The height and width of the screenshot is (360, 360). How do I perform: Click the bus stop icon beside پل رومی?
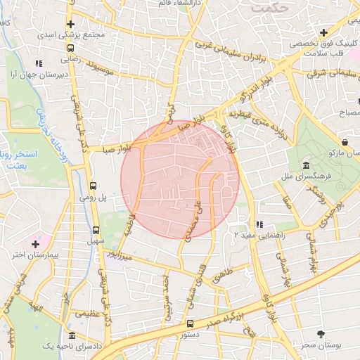coord(94,186)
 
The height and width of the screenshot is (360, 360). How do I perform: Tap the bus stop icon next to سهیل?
coord(96,230)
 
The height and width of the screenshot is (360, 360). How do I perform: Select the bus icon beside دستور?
coord(191,324)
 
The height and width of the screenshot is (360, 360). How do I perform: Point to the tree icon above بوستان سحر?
coord(322,333)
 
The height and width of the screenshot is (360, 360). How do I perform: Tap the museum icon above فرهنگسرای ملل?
coord(306,165)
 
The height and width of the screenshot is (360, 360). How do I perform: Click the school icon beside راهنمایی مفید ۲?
coord(259,225)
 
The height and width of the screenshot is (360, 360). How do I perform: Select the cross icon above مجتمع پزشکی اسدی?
coord(71,23)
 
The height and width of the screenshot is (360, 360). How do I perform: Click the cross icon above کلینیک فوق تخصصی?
coord(323,32)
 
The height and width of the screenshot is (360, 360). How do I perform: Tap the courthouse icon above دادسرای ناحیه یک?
coord(72,337)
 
